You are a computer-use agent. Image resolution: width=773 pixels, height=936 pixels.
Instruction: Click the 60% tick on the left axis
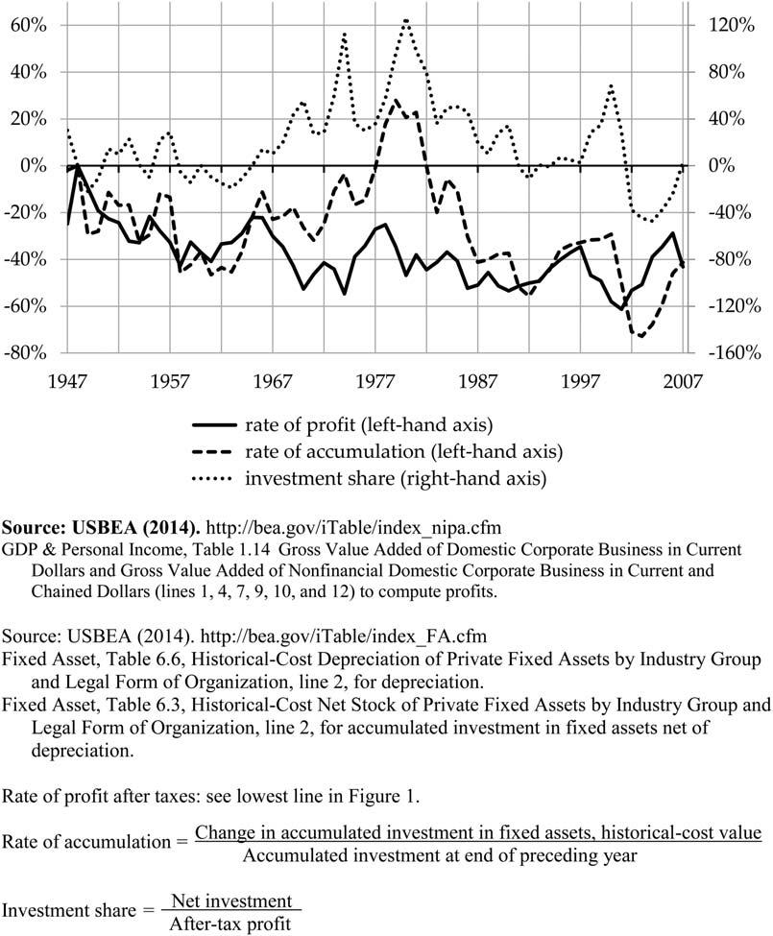[x=27, y=25]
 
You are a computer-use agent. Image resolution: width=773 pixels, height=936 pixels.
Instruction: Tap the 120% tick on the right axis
[x=727, y=25]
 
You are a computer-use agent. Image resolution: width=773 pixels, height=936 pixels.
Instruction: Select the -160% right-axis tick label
[x=730, y=353]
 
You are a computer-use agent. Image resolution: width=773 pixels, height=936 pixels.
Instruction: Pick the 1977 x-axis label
[x=376, y=381]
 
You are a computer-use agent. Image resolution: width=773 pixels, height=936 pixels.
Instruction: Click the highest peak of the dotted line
[x=406, y=19]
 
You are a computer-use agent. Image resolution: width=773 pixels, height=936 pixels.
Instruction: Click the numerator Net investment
[x=230, y=901]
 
